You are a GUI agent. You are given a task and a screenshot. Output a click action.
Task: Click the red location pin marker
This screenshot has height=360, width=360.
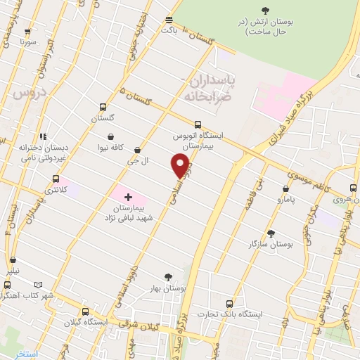pos(180,165)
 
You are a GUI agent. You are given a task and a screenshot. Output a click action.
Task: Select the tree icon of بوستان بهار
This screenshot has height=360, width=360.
pos(167,277)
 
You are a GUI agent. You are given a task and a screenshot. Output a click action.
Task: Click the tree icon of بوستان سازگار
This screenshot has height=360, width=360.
pos(271,233)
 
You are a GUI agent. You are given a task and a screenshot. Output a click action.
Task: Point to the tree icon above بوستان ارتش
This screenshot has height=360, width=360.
pos(264,9)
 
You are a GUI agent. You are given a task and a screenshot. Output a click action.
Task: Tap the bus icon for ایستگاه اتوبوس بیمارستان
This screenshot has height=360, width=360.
pos(197,125)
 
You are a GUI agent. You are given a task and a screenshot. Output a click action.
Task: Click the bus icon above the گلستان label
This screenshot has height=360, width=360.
pos(103,108)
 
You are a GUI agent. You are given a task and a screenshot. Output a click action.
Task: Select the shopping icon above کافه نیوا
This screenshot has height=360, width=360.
pos(110,136)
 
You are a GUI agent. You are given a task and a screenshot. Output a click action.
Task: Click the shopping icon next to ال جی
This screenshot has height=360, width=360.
pos(137,150)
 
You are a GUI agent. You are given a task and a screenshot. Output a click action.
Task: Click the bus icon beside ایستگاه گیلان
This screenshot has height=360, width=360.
pos(85,311)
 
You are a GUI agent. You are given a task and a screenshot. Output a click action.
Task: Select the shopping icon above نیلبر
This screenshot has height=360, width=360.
pos(9,259)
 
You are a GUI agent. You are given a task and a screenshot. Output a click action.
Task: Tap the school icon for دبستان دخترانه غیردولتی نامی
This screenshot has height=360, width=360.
pos(43,137)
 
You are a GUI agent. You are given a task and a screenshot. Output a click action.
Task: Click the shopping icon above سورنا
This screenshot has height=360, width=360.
pos(27,32)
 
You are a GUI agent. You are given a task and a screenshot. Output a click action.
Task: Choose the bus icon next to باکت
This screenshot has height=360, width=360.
pos(169,20)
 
